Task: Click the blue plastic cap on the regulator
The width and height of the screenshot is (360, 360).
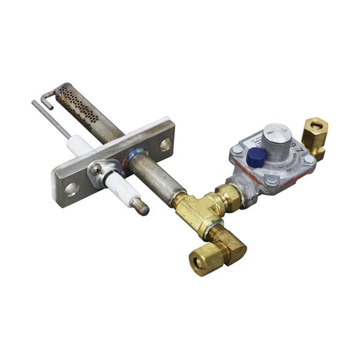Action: [256, 157]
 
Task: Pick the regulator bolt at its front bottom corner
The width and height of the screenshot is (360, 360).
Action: [272, 181]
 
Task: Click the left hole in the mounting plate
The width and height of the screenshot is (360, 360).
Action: [71, 189]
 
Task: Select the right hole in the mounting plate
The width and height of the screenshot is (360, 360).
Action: [165, 144]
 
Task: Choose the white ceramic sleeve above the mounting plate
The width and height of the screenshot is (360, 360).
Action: [80, 145]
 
